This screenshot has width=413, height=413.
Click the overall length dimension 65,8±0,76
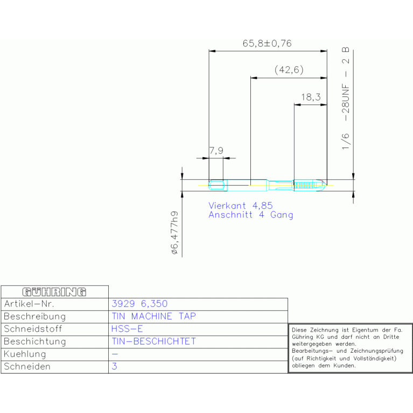pyautogui.click(x=267, y=44)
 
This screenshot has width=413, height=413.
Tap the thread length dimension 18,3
pyautogui.click(x=311, y=97)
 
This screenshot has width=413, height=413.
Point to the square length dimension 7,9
pyautogui.click(x=216, y=151)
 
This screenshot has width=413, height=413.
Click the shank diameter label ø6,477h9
pyautogui.click(x=174, y=233)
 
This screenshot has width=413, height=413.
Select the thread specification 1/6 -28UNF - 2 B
pyautogui.click(x=346, y=99)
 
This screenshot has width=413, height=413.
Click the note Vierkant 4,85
pyautogui.click(x=241, y=206)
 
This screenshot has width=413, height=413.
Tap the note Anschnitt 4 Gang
pyautogui.click(x=251, y=215)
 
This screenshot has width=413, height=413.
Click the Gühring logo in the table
pyautogui.click(x=54, y=292)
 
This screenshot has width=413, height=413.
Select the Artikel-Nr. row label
pyautogui.click(x=29, y=304)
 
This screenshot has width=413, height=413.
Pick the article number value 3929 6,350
pyautogui.click(x=139, y=304)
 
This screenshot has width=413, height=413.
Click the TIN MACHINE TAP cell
pyautogui.click(x=154, y=316)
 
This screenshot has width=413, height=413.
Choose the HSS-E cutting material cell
pyautogui.click(x=127, y=328)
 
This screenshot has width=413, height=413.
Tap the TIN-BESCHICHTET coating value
pyautogui.click(x=154, y=341)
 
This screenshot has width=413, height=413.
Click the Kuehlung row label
pyautogui.click(x=25, y=354)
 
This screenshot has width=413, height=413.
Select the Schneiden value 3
pyautogui.click(x=114, y=366)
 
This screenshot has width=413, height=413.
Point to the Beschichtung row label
pyautogui.click(x=35, y=341)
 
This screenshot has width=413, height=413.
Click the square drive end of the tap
pyautogui.click(x=218, y=185)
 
